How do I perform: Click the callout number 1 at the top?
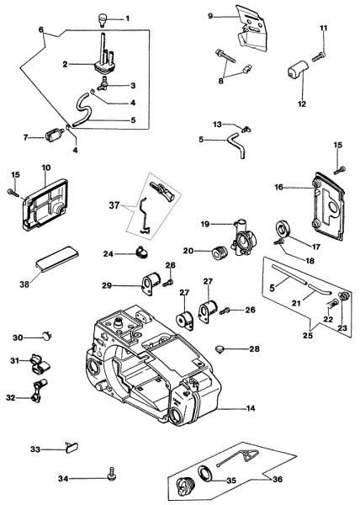127,19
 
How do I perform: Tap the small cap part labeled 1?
103,19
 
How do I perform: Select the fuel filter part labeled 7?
54,134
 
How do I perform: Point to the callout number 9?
210,15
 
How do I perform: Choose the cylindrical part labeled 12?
297,69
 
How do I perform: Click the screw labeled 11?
320,56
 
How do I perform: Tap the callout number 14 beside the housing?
251,408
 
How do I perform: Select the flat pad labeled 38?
57,258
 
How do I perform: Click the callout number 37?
114,205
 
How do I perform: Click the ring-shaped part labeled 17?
283,228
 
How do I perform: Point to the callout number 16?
278,187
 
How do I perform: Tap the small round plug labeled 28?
220,348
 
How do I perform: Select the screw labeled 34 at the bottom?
112,475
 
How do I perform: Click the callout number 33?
35,449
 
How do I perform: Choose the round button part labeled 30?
47,335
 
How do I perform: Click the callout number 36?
278,479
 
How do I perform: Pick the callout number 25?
308,335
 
